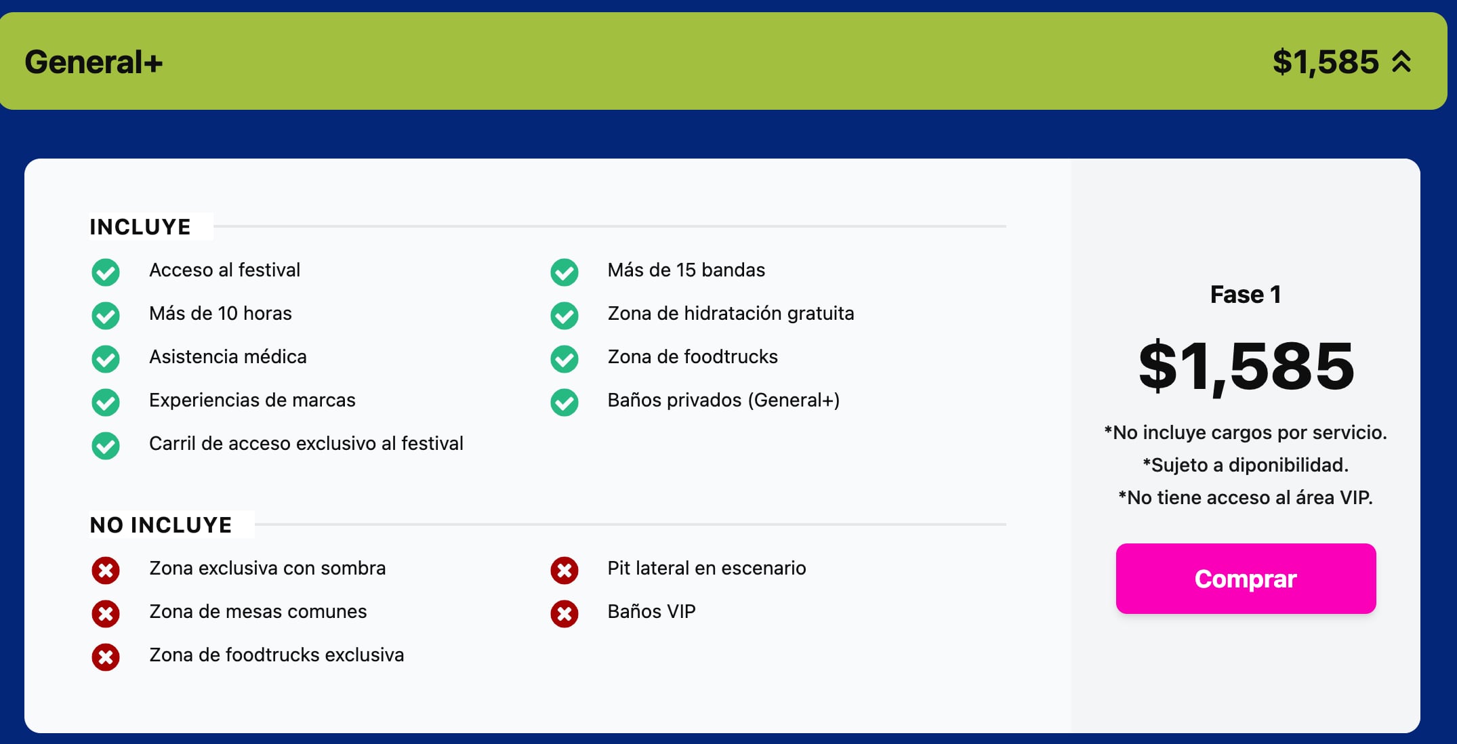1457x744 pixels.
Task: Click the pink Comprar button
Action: pos(1246,579)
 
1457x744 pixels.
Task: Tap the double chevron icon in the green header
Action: pos(1401,62)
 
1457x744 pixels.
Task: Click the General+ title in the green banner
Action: pos(94,62)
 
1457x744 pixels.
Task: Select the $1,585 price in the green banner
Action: pos(1326,62)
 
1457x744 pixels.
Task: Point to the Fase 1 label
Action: pos(1246,295)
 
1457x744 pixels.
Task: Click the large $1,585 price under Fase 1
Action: pos(1246,367)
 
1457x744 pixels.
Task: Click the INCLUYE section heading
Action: pos(140,227)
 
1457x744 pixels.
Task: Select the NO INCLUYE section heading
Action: pos(161,525)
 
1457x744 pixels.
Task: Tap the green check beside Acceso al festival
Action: pos(106,272)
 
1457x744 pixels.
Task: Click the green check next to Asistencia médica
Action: pos(106,359)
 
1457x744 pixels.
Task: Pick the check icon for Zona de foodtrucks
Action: pos(565,359)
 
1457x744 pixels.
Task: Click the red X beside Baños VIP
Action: pos(565,614)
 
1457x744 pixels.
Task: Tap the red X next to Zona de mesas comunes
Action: pos(106,614)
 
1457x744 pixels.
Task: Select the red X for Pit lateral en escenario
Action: pos(565,571)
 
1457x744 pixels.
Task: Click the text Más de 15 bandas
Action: pos(686,270)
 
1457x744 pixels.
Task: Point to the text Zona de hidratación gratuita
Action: pos(731,314)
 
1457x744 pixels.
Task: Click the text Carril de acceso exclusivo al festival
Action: pos(306,444)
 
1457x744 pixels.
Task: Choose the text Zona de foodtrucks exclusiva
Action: pos(276,655)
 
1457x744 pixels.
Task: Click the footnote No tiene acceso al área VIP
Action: pos(1246,498)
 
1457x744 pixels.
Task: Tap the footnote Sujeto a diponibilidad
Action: pos(1246,466)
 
